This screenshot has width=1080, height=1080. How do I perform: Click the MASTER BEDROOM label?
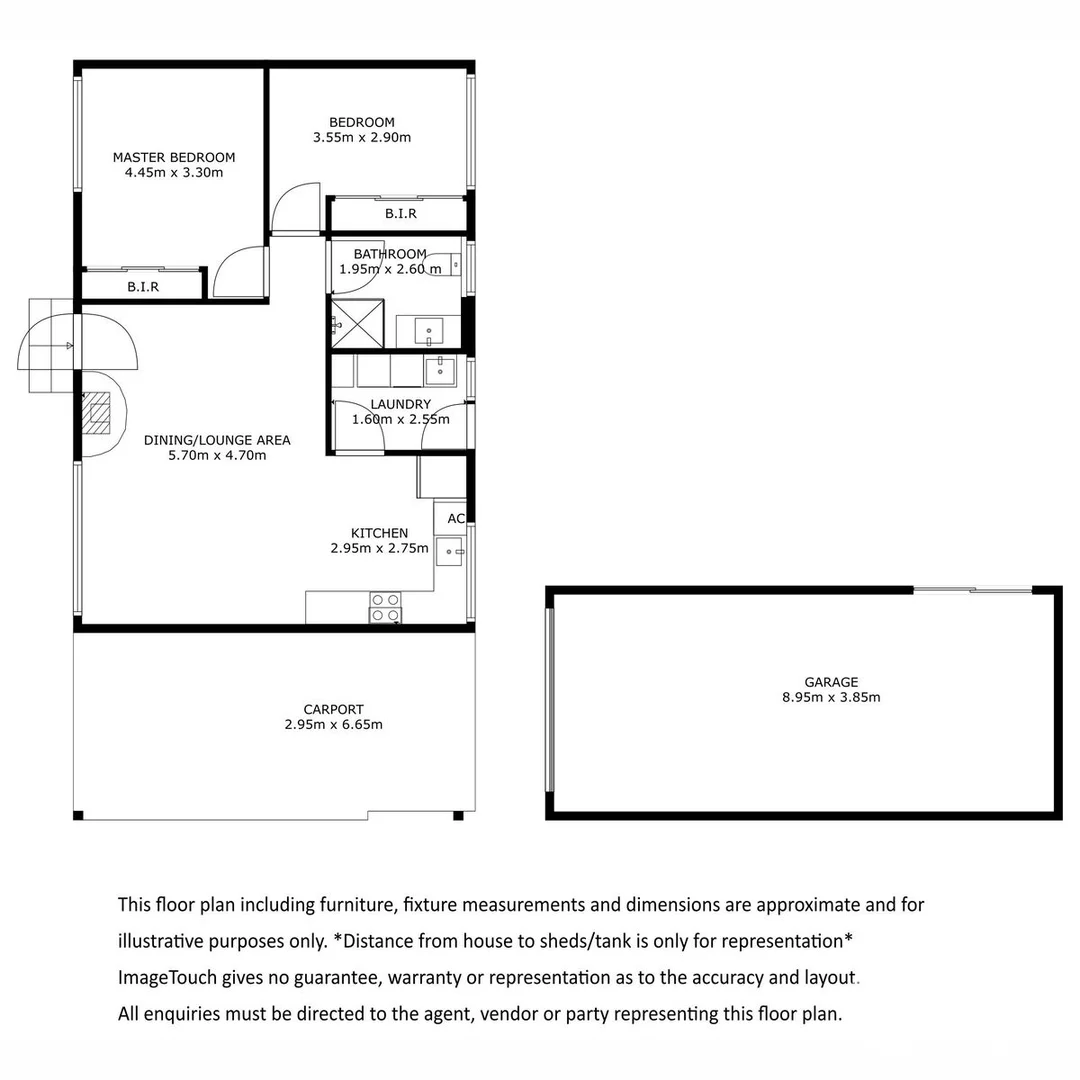point(174,157)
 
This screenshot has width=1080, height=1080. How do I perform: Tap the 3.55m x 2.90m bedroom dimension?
point(362,138)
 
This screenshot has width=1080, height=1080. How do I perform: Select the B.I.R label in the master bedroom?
point(143,287)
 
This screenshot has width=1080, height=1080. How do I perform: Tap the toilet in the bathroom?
point(441,264)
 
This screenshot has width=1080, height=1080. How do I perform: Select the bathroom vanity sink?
point(429,330)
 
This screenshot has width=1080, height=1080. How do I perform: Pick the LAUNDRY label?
point(400,404)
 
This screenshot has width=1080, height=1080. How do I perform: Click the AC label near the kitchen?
point(456,518)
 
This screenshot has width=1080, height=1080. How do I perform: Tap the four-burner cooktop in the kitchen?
point(385,607)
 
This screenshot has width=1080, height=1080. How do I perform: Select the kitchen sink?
point(449,550)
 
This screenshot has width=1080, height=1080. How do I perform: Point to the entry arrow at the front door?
point(67,346)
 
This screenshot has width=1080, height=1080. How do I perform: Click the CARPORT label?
point(333,709)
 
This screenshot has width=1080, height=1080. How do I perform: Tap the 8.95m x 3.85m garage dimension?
point(831,698)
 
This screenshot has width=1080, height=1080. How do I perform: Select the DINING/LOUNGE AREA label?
point(217,440)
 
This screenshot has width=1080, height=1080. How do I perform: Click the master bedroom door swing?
point(238,272)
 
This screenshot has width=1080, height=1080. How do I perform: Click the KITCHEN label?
point(379,533)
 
